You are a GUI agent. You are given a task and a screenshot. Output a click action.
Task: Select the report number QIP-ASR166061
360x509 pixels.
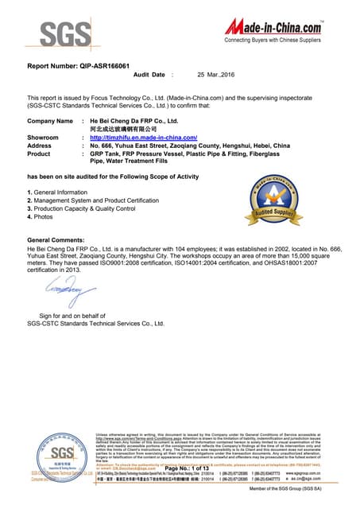pyautogui.click(x=78, y=67)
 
